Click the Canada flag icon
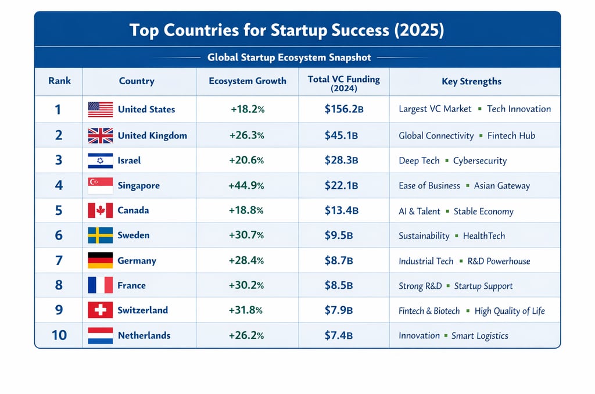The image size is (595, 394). (100, 210)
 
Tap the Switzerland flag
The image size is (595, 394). (100, 310)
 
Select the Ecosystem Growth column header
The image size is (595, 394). (248, 81)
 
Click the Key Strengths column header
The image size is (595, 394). (471, 82)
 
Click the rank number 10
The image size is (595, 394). (59, 335)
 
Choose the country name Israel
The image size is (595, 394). (129, 160)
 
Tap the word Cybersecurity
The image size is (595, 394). (480, 161)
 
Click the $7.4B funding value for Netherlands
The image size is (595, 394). (339, 335)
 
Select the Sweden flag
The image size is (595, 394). (100, 235)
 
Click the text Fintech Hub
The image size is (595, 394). (511, 136)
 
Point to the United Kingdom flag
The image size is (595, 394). (100, 136)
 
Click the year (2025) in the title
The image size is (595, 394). (418, 30)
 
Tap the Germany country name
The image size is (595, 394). (137, 260)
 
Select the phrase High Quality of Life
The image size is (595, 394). (510, 311)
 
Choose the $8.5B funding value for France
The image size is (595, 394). (339, 285)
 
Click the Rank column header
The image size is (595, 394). (59, 81)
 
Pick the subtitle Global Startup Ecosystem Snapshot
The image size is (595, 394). (289, 58)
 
